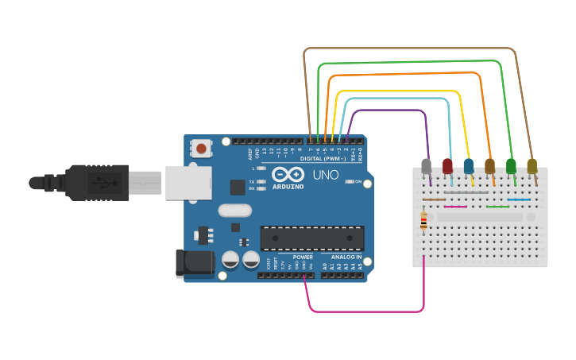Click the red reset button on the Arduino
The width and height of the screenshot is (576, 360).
pyautogui.click(x=201, y=148)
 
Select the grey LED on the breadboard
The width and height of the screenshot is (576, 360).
pyautogui.click(x=427, y=166)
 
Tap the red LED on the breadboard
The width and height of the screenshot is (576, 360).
pyautogui.click(x=447, y=165)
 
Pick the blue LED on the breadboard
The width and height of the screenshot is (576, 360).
pyautogui.click(x=469, y=165)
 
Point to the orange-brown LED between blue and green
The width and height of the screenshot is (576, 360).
pyautogui.click(x=489, y=165)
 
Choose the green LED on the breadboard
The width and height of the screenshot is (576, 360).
pyautogui.click(x=511, y=165)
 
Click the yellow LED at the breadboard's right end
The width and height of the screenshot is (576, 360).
pyautogui.click(x=532, y=165)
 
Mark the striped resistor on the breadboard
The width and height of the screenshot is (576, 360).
pyautogui.click(x=423, y=221)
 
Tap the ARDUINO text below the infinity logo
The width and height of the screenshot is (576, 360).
pyautogui.click(x=288, y=187)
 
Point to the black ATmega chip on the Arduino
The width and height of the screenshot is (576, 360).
pyautogui.click(x=312, y=238)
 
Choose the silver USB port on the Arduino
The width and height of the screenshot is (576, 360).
pyautogui.click(x=188, y=182)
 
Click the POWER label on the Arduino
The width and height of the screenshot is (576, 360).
pyautogui.click(x=303, y=257)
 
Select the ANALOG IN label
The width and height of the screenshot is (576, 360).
pyautogui.click(x=346, y=257)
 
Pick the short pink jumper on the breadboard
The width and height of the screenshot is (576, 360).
pyautogui.click(x=455, y=207)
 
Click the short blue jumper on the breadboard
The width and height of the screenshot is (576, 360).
pyautogui.click(x=519, y=199)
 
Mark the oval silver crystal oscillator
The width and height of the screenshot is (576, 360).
pyautogui.click(x=234, y=211)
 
